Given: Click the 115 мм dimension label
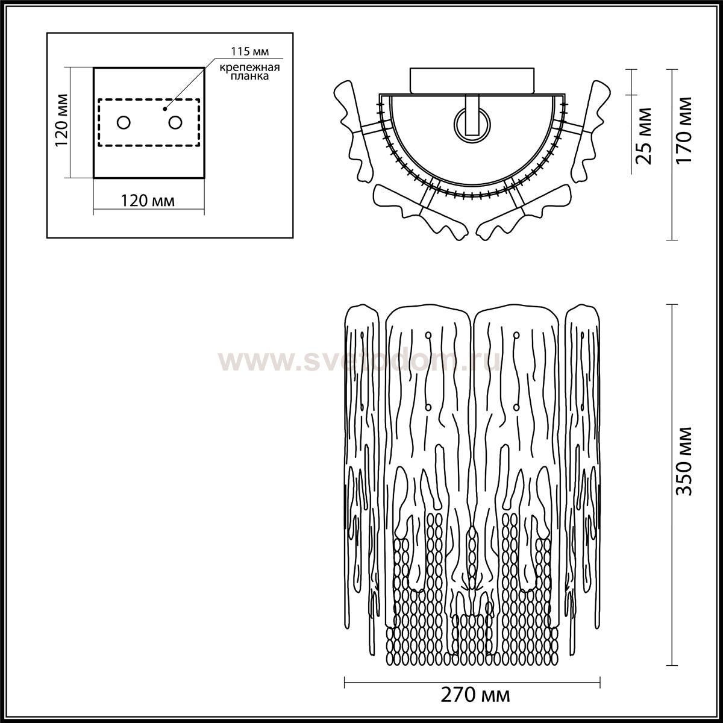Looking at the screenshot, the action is (x=250, y=51).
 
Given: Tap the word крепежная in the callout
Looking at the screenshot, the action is (x=249, y=67).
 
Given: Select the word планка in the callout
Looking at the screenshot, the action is (x=249, y=76).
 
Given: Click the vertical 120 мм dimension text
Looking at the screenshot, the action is (x=61, y=121).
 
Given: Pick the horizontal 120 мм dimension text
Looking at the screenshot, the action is (x=148, y=201).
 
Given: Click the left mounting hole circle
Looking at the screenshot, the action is (x=124, y=122).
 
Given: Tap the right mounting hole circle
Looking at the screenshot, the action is (x=175, y=122).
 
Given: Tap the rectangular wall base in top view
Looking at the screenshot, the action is (x=472, y=80).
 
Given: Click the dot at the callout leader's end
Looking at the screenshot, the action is (x=164, y=109).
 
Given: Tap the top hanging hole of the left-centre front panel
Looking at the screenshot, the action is (x=428, y=334).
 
